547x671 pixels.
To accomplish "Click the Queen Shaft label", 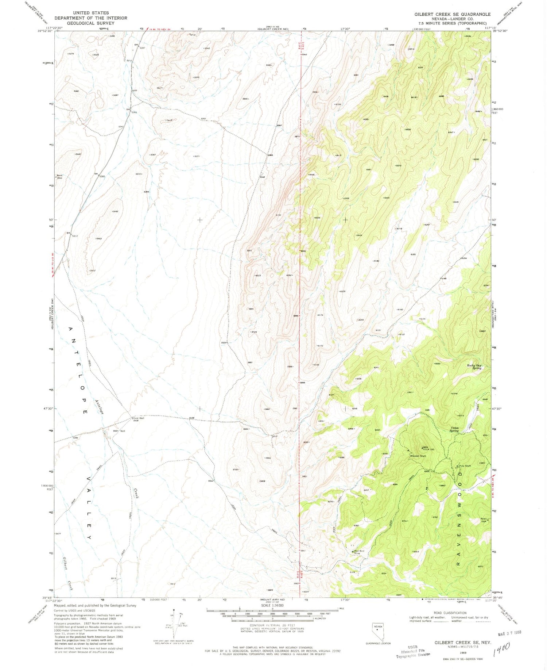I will (418, 456).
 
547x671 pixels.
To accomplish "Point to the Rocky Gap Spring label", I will (474, 367).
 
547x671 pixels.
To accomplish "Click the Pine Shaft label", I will (465, 466).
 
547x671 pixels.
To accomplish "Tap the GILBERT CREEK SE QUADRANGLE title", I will (452, 14).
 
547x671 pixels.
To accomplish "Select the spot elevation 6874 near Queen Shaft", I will (415, 447).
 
